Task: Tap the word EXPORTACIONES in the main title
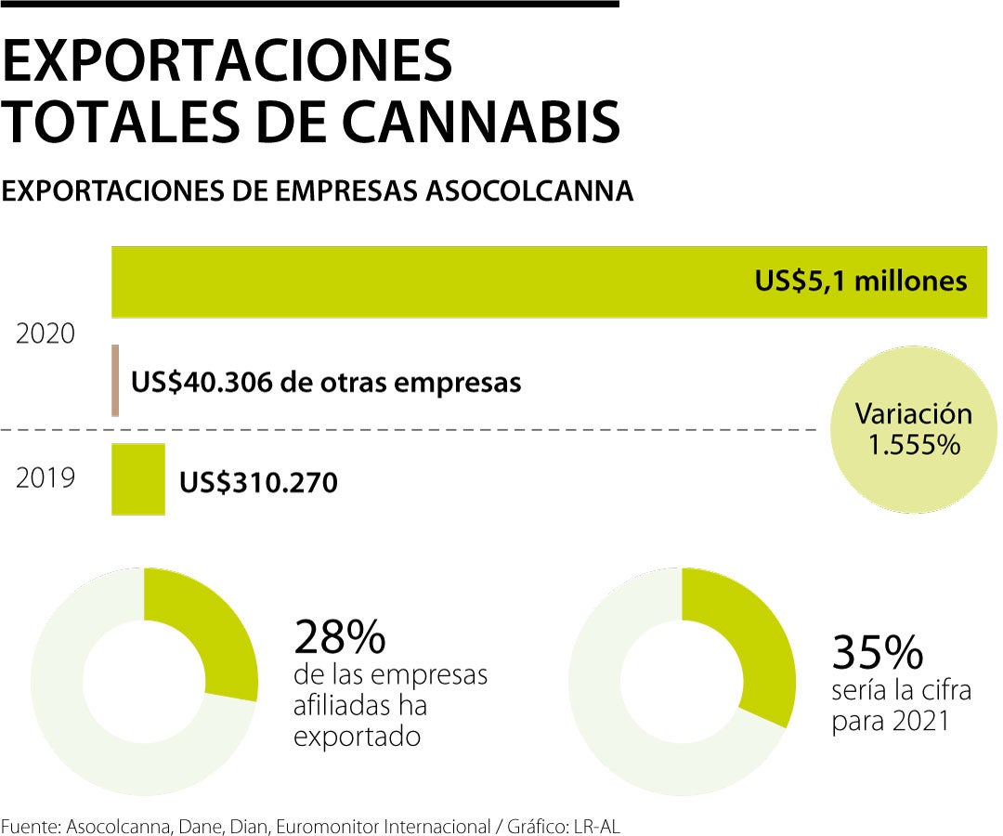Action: click(x=228, y=59)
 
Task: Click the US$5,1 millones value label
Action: click(x=861, y=281)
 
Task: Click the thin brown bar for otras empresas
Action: click(x=115, y=380)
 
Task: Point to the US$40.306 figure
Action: click(x=199, y=382)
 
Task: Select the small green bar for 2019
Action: click(x=137, y=479)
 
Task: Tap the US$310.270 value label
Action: click(x=258, y=482)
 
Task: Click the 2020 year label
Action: click(x=45, y=333)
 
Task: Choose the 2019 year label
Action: click(x=45, y=479)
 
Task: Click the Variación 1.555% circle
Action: click(x=913, y=429)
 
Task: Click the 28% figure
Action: click(x=339, y=638)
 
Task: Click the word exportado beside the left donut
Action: click(x=358, y=737)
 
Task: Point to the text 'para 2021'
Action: click(x=890, y=721)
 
